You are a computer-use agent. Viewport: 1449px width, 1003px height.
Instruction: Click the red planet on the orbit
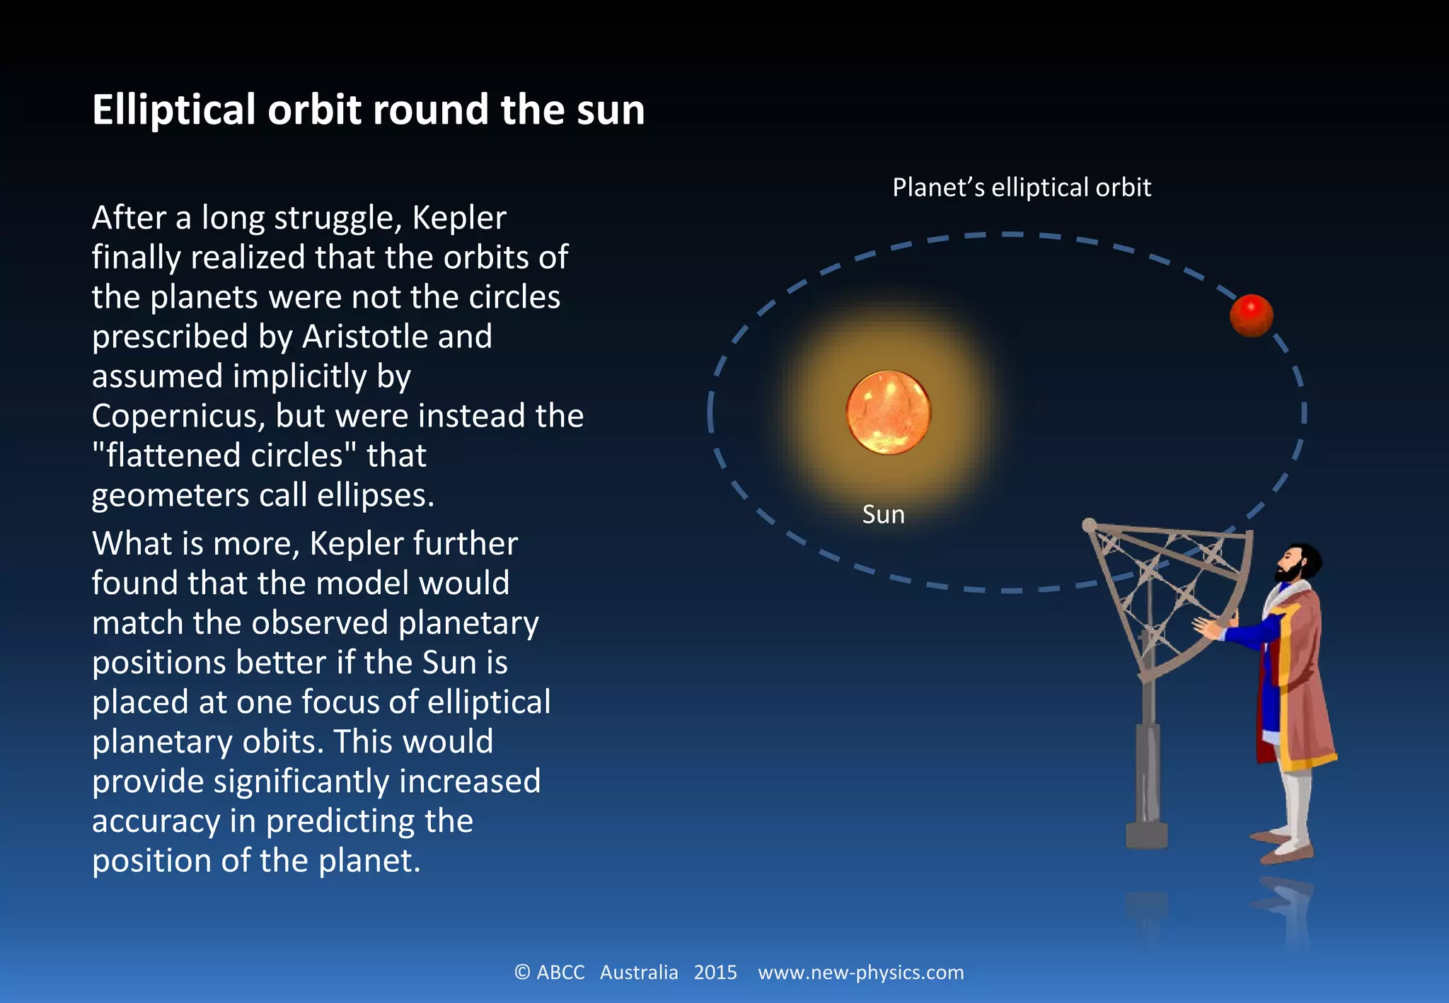coord(1251,315)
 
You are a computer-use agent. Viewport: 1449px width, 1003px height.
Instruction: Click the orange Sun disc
coord(889,412)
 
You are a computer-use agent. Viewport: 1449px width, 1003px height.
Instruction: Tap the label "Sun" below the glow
coord(883,514)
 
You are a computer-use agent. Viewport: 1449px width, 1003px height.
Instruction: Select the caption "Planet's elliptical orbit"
coord(1021,187)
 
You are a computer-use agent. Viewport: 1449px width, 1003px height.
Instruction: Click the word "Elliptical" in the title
coord(173,110)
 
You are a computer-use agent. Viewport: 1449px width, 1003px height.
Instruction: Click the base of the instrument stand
coord(1146,834)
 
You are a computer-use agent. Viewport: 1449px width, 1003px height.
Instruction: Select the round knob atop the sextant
coord(1090,525)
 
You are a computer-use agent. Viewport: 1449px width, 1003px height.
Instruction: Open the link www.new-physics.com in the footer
coord(860,973)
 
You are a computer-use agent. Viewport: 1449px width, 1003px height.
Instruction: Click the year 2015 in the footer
coord(715,973)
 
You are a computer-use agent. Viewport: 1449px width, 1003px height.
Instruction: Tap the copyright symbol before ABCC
coord(522,973)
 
